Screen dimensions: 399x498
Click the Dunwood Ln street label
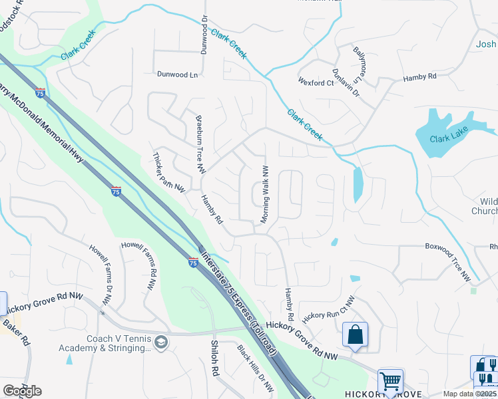(x=177, y=75)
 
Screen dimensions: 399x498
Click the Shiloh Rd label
(x=214, y=359)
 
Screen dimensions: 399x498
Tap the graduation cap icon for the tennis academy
(x=160, y=342)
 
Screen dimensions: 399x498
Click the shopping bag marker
(x=356, y=334)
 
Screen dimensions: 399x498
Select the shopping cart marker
(x=390, y=381)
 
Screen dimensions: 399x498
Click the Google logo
(x=21, y=391)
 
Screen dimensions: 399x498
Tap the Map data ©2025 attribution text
(x=470, y=394)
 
